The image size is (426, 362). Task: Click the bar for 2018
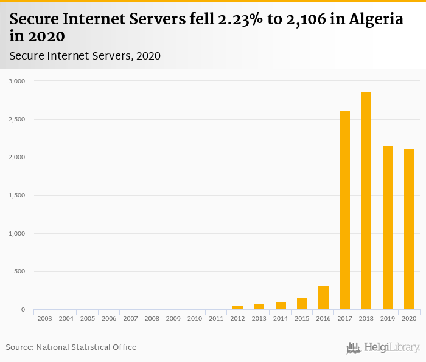pyautogui.click(x=366, y=201)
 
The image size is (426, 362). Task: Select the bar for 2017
pyautogui.click(x=344, y=210)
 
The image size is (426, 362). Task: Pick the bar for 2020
pyautogui.click(x=409, y=230)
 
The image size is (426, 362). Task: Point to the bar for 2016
pyautogui.click(x=323, y=298)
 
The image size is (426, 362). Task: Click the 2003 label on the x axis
pyautogui.click(x=44, y=318)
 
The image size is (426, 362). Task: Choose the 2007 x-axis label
pyautogui.click(x=130, y=318)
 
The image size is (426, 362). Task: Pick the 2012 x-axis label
pyautogui.click(x=237, y=318)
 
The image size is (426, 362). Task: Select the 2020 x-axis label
pyautogui.click(x=409, y=318)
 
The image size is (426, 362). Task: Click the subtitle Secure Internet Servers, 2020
pyautogui.click(x=85, y=56)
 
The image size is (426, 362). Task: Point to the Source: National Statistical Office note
pyautogui.click(x=71, y=347)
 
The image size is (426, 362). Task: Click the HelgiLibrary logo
pyautogui.click(x=383, y=348)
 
